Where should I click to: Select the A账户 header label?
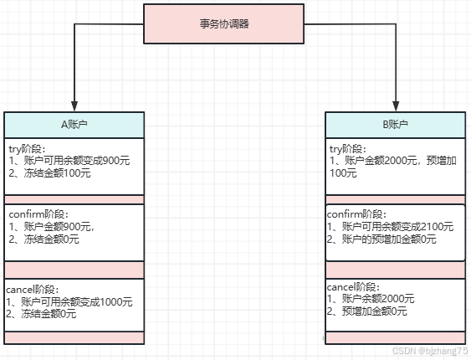point(74,124)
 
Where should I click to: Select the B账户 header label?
point(395,124)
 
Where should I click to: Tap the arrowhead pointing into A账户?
point(74,105)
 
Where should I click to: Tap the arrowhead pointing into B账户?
point(395,105)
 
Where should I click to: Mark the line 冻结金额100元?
point(50,173)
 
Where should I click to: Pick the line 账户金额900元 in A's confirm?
point(52,226)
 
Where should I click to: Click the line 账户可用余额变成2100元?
point(391,226)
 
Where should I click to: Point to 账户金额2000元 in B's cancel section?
point(373,299)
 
